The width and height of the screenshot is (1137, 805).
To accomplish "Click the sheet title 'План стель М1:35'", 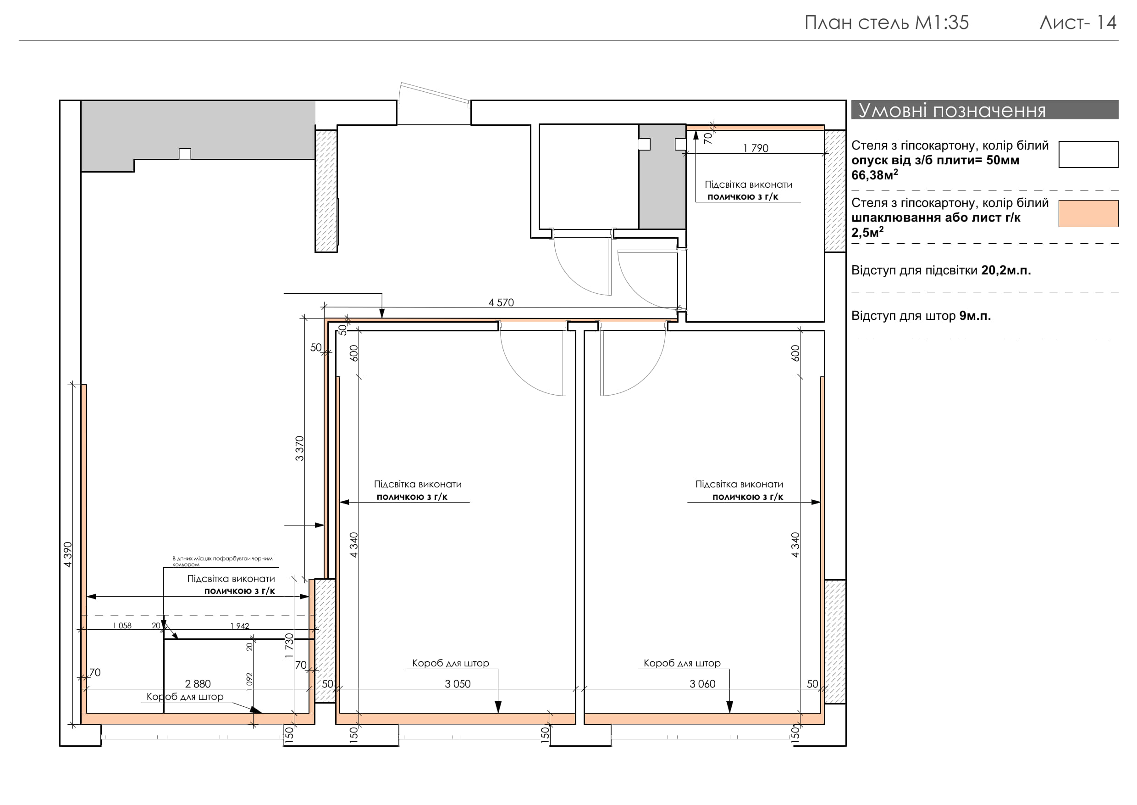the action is pyautogui.click(x=886, y=23).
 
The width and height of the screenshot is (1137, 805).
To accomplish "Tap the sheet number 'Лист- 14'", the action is pyautogui.click(x=1078, y=23).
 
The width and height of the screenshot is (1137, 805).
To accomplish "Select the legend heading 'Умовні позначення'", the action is pyautogui.click(x=952, y=110).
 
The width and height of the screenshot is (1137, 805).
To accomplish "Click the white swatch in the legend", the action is pyautogui.click(x=1088, y=154).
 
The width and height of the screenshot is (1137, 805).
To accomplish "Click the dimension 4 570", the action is pyautogui.click(x=501, y=302).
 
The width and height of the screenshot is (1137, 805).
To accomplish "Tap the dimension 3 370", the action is pyautogui.click(x=299, y=448).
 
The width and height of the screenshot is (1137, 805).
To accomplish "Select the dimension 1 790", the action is pyautogui.click(x=756, y=148).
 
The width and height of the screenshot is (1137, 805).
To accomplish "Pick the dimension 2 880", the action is pyautogui.click(x=198, y=684).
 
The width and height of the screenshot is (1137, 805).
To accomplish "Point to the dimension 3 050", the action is pyautogui.click(x=458, y=684).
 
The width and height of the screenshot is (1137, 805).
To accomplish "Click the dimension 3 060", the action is pyautogui.click(x=702, y=684).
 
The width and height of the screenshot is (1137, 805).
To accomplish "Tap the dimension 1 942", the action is pyautogui.click(x=240, y=626).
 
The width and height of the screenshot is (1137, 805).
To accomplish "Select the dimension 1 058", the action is pyautogui.click(x=122, y=626).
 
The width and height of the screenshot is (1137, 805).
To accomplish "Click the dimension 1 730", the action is pyautogui.click(x=290, y=646).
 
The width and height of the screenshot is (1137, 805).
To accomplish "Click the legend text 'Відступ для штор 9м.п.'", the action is pyautogui.click(x=921, y=316).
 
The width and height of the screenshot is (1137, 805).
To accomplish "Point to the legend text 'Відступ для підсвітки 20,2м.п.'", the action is pyautogui.click(x=941, y=271).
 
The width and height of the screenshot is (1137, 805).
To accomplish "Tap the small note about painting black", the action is pyautogui.click(x=222, y=561).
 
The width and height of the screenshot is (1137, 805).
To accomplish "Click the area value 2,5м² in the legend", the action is pyautogui.click(x=867, y=232).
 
